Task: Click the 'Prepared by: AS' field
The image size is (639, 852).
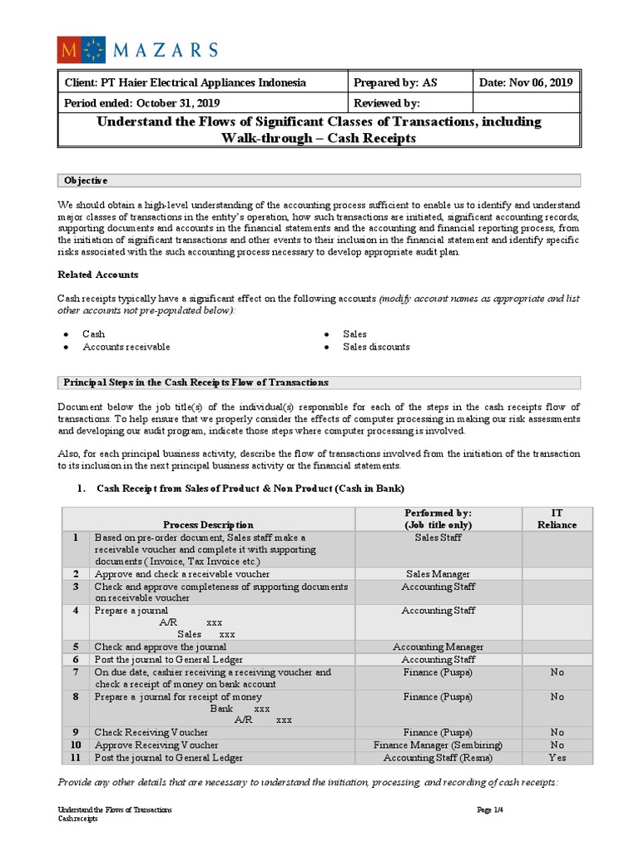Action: coord(389,82)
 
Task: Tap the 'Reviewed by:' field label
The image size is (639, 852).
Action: coord(387,103)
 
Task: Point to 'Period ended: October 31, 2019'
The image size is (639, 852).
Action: coord(142,103)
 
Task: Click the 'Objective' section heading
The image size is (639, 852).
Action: coord(86,181)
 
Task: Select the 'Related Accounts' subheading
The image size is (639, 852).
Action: coord(97,275)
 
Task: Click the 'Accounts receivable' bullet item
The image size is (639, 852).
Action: coord(126,347)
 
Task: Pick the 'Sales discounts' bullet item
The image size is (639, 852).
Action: coord(376,347)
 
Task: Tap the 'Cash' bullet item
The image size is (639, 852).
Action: coord(94,334)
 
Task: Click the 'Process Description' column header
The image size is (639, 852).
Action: coord(208,525)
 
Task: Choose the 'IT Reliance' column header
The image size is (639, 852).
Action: coord(557,519)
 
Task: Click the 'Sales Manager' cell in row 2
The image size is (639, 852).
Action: coord(438,574)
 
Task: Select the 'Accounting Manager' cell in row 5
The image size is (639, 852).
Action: coord(438,646)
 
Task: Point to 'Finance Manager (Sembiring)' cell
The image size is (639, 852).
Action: coord(438,745)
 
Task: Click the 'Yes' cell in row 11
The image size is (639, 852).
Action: coord(557,758)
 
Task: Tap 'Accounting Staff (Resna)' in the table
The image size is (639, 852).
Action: coord(438,758)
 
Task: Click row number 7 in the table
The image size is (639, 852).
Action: coord(76,671)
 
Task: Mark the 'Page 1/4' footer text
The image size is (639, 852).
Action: coord(489,810)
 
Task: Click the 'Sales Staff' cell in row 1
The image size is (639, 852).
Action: coord(438,537)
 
